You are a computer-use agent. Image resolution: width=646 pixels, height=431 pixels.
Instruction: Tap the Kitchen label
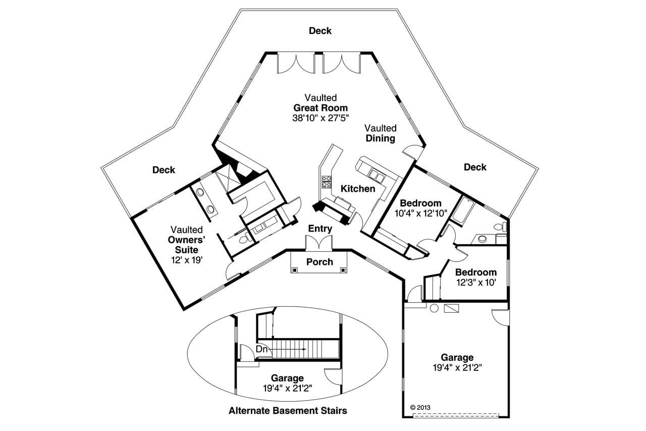[358, 188]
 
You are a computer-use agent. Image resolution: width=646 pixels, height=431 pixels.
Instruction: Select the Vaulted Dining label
[381, 133]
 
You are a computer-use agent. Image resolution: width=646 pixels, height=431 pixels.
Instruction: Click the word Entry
[320, 228]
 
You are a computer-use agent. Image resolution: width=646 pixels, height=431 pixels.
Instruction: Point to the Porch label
[320, 262]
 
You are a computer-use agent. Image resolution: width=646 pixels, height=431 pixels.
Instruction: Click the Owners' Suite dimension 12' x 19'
[187, 260]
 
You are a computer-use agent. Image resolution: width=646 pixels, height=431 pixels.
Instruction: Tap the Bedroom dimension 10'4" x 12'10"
[420, 213]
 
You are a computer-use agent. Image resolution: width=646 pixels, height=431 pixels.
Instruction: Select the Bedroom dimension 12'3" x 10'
[476, 282]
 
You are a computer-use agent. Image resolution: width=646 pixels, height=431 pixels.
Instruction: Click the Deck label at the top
[320, 31]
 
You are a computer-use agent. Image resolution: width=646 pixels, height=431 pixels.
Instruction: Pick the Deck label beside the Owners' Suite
[164, 170]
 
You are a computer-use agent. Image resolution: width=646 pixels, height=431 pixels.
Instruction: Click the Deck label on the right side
[475, 167]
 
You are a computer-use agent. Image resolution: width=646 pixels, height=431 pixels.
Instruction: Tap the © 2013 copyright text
[420, 407]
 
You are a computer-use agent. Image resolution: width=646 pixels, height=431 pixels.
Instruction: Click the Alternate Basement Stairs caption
[288, 410]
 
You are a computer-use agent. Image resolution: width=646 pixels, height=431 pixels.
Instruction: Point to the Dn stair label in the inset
[262, 349]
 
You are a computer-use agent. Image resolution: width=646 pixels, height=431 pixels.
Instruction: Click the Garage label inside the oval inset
[287, 378]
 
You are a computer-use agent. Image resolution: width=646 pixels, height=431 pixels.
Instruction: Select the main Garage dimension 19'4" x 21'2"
[457, 368]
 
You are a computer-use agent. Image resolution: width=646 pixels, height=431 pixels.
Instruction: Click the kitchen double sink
[376, 175]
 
